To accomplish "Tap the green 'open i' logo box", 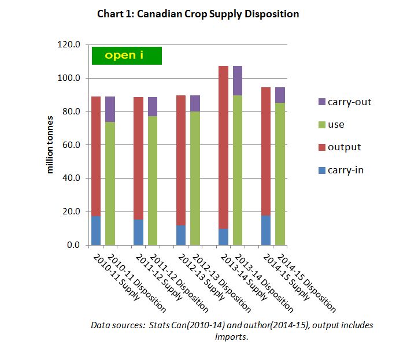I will pos(127,55).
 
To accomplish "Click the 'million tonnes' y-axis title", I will pos(51,145).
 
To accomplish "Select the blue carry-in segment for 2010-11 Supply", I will pos(96,231).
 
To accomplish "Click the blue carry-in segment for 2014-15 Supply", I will pos(266,230).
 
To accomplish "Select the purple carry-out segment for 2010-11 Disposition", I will pos(110,109).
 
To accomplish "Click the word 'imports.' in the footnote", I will pos(232,337).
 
